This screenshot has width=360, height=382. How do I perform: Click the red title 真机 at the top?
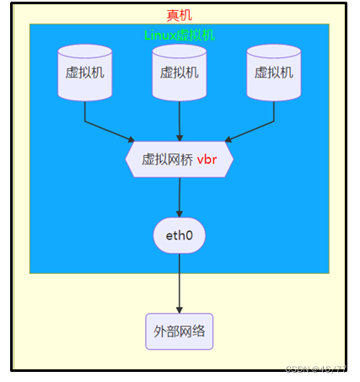[x=179, y=15]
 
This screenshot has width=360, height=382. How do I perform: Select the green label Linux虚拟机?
[x=179, y=35]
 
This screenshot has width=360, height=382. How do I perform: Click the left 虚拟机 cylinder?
[x=85, y=73]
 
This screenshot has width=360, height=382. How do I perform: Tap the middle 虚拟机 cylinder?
[x=180, y=73]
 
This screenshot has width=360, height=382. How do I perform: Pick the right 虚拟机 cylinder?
[x=274, y=73]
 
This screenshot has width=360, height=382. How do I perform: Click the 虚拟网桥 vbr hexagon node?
[x=179, y=159]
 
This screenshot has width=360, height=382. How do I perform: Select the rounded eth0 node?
[x=179, y=235]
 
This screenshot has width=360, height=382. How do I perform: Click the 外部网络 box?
[x=179, y=331]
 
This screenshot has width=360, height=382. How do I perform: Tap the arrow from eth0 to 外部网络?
[x=179, y=282]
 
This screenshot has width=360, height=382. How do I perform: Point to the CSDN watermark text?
[x=315, y=369]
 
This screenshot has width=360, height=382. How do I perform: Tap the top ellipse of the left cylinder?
[x=85, y=51]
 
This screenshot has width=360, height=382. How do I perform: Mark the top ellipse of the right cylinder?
[x=274, y=51]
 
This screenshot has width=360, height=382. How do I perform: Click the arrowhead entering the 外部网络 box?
[x=179, y=309]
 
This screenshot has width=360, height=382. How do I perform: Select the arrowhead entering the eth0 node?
[x=179, y=213]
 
